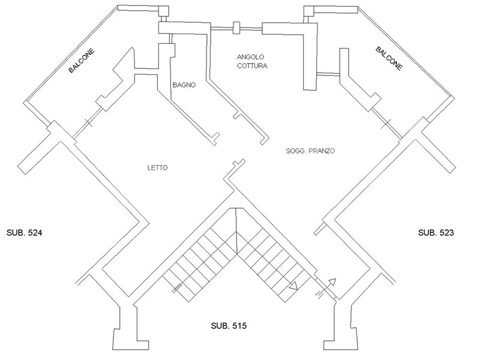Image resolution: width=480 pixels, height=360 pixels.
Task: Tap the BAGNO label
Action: tap(182, 85)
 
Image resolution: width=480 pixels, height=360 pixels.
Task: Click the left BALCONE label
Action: tap(82, 62)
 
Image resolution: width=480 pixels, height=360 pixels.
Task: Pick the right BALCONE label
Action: tap(389, 59)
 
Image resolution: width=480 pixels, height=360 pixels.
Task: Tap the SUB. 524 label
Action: tap(26, 232)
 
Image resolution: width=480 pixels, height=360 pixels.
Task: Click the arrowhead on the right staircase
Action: tap(293, 287)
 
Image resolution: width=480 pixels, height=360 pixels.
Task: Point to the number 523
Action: tap(447, 232)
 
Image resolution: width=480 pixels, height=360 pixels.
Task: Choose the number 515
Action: tap(239, 326)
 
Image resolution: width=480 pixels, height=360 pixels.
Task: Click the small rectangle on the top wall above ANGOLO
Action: tap(236, 28)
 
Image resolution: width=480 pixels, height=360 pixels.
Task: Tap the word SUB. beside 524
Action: tap(16, 232)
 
